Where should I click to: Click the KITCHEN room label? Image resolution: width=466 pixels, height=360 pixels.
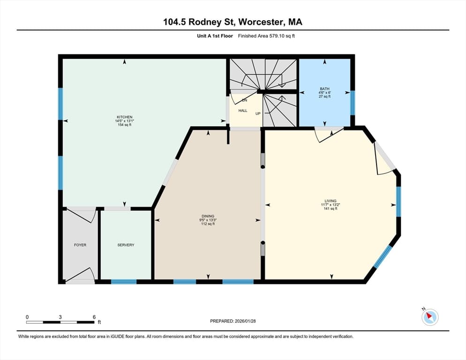coord(125,117)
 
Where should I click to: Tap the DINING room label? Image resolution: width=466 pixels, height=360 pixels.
coord(208,216)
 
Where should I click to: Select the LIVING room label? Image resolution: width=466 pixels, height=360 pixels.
coord(331,201)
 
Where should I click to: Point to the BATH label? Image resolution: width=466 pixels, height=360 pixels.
coord(324,89)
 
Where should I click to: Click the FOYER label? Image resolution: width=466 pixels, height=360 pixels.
coord(80,245)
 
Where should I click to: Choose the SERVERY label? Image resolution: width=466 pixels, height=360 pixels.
coord(126,245)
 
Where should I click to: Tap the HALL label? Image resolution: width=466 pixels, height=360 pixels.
coord(243,111)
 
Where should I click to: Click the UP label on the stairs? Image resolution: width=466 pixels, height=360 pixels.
coord(258,113)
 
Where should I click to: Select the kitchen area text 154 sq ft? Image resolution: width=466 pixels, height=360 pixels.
coord(125,125)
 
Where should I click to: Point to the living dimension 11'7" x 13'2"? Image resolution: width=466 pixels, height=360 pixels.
coord(331,205)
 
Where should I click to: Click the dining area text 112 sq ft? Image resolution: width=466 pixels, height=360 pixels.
coord(208,224)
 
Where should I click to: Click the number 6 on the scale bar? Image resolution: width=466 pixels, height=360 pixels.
coord(94,317)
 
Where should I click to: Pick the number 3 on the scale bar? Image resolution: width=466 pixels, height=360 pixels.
coord(60,317)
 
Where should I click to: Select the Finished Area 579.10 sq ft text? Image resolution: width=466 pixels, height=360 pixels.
coord(266,36)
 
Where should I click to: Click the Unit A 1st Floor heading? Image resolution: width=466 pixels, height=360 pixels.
coord(215,36)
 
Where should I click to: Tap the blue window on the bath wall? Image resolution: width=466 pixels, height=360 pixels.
coord(353,103)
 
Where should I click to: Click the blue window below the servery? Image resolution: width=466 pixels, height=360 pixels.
coord(124,282)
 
